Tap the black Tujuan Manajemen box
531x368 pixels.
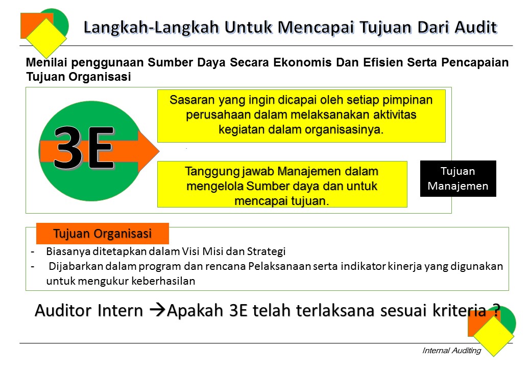click(x=458, y=179)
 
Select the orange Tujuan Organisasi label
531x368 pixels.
click(x=102, y=234)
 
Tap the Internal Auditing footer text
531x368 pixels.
click(x=451, y=351)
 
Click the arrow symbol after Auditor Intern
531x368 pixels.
click(x=159, y=311)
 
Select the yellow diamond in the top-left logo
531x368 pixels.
click(x=46, y=38)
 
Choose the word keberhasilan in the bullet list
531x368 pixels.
click(x=167, y=281)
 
